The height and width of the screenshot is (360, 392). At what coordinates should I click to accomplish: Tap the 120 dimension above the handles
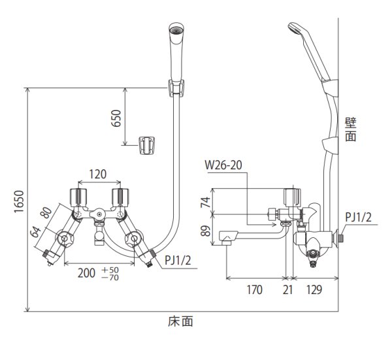(x=97, y=174)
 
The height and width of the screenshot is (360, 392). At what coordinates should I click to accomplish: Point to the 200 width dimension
(x=88, y=272)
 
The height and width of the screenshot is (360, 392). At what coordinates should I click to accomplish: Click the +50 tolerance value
(x=112, y=269)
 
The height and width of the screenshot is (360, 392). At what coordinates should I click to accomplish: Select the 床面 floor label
(x=180, y=321)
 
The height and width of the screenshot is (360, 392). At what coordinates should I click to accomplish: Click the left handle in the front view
(x=78, y=195)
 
